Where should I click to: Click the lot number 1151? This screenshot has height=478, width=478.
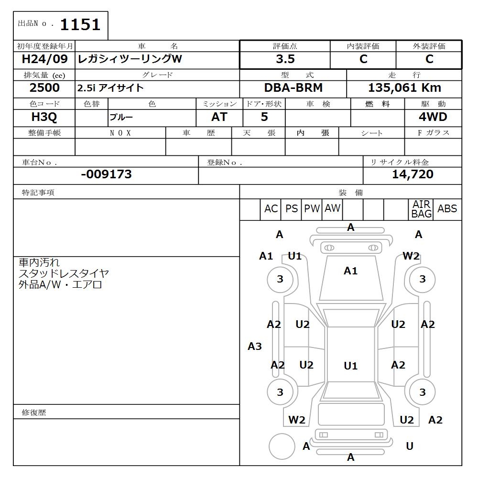pos(80,24)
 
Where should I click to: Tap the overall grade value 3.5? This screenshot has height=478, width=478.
pos(285,59)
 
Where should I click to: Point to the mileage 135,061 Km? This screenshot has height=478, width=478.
pos(404,88)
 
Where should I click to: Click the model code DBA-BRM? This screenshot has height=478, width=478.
pos(293,88)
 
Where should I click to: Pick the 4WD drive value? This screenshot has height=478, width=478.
pos(433,117)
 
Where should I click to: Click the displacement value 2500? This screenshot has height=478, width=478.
pos(44,88)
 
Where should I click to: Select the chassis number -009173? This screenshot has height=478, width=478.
pos(106,174)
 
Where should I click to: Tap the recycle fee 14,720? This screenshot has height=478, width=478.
pos(413,174)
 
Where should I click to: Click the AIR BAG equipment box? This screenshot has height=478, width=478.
pos(421,209)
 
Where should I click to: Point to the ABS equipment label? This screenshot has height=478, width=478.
pos(447,209)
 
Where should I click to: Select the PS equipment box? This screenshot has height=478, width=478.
pos(291,209)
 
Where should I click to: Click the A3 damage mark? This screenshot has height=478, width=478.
pos(255,347)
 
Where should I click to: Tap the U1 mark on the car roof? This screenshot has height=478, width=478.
pos(350,366)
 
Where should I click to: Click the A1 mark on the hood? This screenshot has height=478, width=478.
pos(350,271)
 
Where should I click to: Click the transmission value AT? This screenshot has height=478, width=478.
pos(219,117)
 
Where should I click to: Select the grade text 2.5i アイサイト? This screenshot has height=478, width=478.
pos(110,88)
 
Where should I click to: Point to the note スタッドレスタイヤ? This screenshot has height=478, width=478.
pos(64,274)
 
